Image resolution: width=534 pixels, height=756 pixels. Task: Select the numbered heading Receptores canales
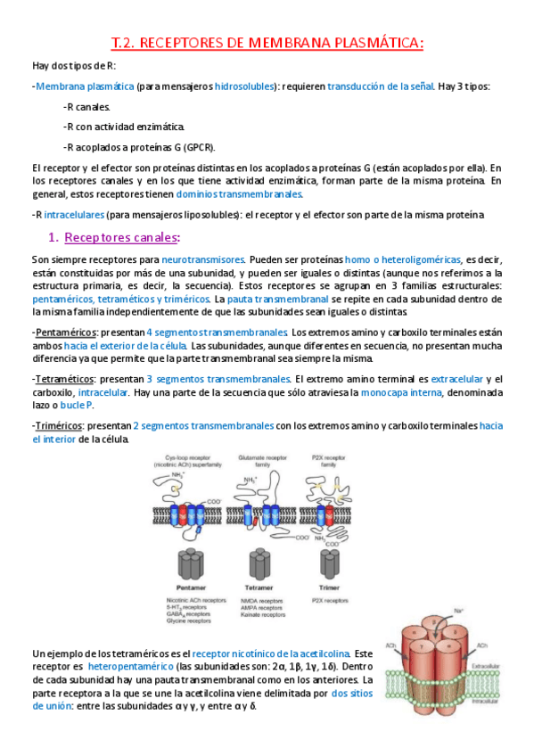click(122, 237)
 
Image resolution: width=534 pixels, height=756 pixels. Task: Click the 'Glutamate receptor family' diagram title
click(259, 459)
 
